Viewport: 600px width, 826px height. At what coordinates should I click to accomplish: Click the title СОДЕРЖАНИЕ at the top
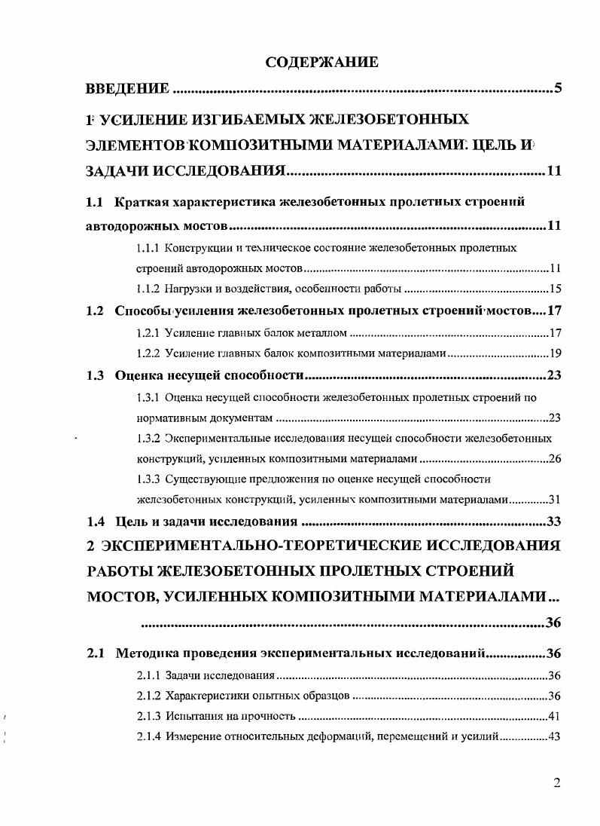tap(321, 63)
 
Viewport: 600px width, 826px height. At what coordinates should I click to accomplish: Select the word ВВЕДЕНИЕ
tap(127, 90)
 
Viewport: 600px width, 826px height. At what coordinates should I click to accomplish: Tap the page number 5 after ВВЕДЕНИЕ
tap(558, 90)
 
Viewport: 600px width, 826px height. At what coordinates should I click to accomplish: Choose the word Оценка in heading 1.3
tap(139, 375)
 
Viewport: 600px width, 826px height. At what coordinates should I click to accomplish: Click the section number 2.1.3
tap(148, 716)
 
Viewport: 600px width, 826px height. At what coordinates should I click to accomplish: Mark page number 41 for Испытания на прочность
tap(556, 716)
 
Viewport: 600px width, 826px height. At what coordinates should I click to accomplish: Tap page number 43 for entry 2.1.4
tap(556, 736)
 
